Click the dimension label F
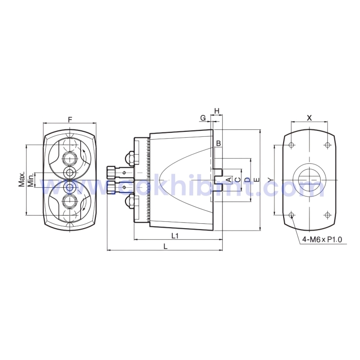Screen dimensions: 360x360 pyautogui.click(x=70, y=119)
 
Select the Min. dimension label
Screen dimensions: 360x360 pyautogui.click(x=30, y=180)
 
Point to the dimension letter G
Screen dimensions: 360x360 pyautogui.click(x=202, y=118)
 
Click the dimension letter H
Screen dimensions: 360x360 pyautogui.click(x=217, y=111)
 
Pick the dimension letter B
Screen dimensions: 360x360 pyautogui.click(x=219, y=144)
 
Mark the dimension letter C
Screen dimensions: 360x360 pyautogui.click(x=237, y=180)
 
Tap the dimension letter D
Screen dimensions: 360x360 pyautogui.click(x=247, y=180)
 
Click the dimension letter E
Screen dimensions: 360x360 pyautogui.click(x=256, y=180)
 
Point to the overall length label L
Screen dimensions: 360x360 pyautogui.click(x=165, y=247)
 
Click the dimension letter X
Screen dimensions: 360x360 pyautogui.click(x=309, y=118)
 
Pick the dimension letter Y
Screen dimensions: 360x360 pyautogui.click(x=269, y=180)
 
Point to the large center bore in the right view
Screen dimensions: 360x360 pyautogui.click(x=309, y=180)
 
